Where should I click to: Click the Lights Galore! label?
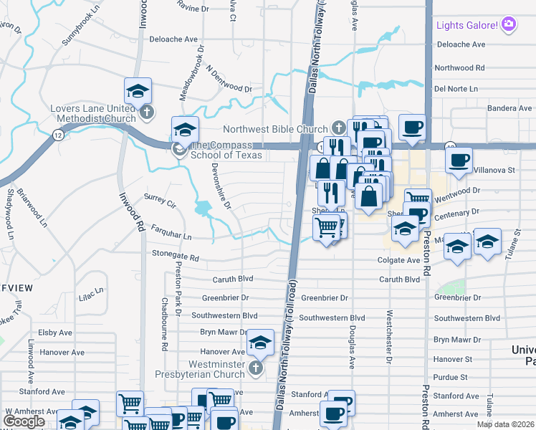click(467, 25)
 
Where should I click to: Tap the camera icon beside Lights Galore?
click(509, 25)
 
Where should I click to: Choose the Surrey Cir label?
click(161, 200)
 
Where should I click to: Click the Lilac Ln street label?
click(92, 294)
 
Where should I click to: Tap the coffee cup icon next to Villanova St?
click(459, 160)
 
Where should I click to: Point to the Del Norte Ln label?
click(456, 89)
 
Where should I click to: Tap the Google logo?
click(24, 421)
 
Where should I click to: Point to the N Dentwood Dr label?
click(229, 81)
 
